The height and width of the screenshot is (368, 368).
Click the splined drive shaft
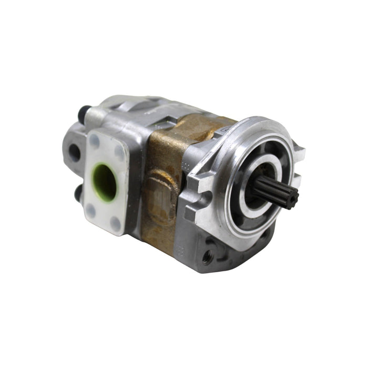tap(273, 191)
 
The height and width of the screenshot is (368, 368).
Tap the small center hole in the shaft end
tap(291, 198)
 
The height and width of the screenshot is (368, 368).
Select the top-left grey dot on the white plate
tap(95, 140)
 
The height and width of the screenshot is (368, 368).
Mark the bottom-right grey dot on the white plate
tap(115, 224)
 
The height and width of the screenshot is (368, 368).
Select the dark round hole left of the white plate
tap(75, 152)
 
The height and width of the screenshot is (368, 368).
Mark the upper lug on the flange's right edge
tap(298, 153)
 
